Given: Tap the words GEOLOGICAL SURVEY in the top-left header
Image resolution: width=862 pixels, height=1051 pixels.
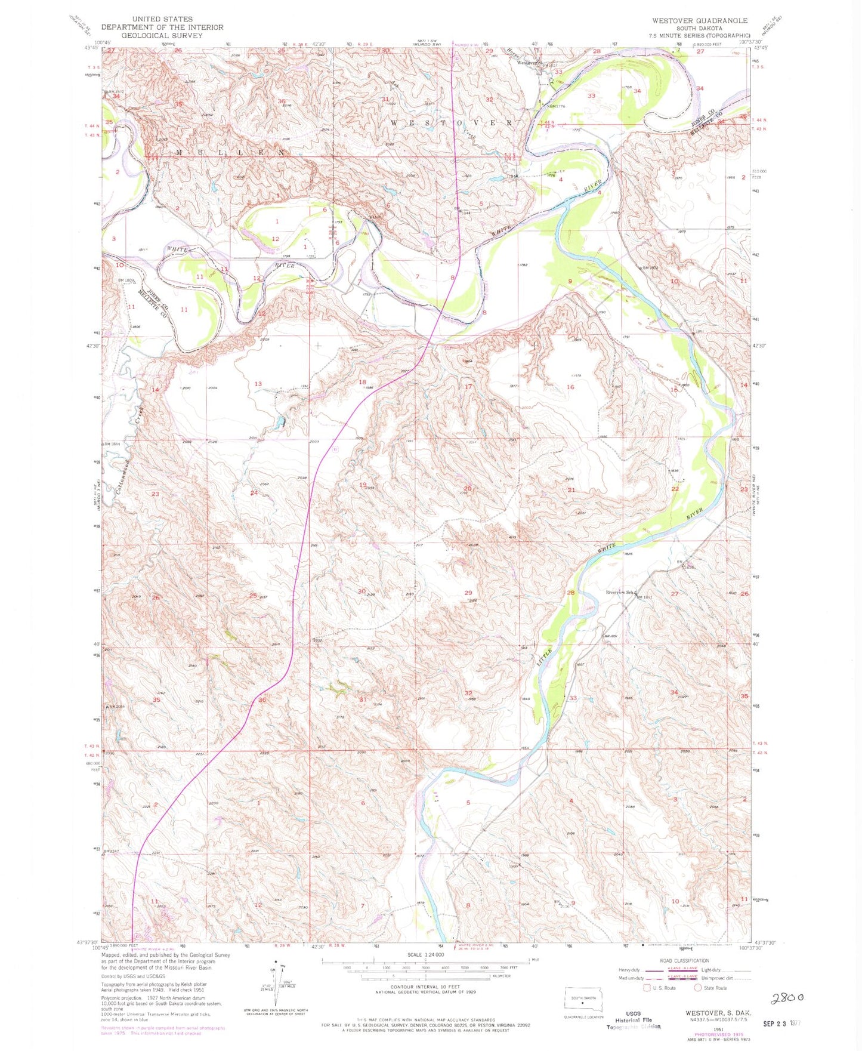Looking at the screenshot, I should point(162,36).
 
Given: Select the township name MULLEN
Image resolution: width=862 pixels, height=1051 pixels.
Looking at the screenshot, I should point(229,153).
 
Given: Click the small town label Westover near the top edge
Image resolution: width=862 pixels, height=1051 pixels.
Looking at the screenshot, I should point(528,63).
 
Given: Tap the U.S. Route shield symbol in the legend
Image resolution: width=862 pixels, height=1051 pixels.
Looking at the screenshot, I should point(646,988).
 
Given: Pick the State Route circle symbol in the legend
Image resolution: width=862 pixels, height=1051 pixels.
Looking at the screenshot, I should point(698,988).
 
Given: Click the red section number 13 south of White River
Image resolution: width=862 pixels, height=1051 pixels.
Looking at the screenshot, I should point(258,384).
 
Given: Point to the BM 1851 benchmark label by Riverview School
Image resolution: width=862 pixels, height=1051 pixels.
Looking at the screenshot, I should point(645,597).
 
